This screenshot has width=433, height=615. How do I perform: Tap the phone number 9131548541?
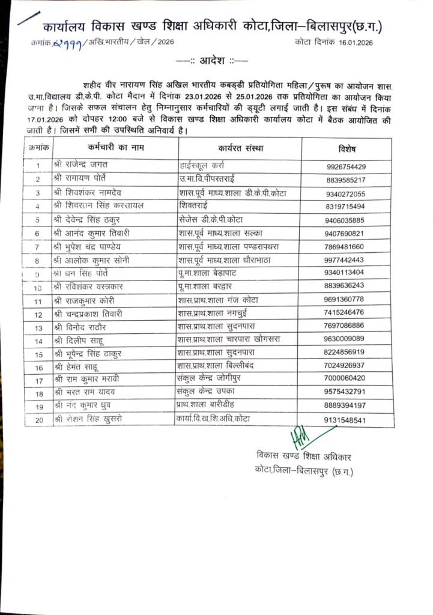pyautogui.click(x=345, y=420)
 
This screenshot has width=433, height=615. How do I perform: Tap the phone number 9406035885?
pyautogui.click(x=345, y=220)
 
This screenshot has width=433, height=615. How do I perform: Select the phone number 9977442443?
pyautogui.click(x=345, y=260)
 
